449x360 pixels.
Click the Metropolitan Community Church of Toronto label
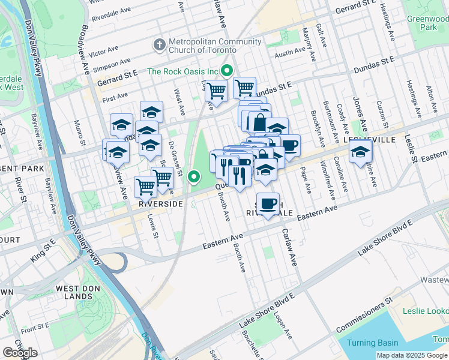tap(215, 46)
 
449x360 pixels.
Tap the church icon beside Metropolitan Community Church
tap(159, 43)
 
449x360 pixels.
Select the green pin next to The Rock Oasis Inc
tap(226, 71)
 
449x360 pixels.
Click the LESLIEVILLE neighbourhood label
tap(371, 139)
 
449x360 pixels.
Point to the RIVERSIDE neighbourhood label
tap(160, 204)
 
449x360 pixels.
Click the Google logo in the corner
tap(20, 353)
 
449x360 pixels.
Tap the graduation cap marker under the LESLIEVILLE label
tap(360, 152)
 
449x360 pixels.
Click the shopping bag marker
tap(259, 122)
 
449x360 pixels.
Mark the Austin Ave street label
tap(291, 53)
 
